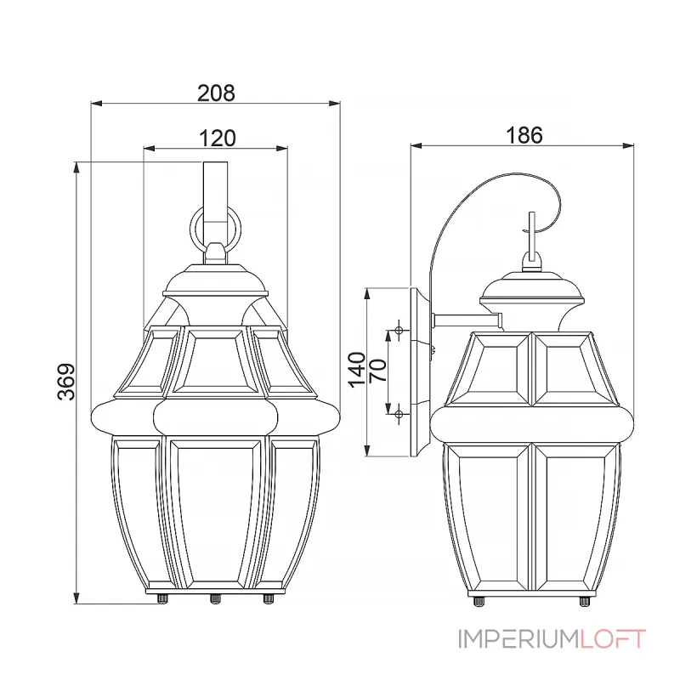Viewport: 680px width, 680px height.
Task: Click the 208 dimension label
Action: (216, 93)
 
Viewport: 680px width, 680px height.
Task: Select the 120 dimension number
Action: (218, 139)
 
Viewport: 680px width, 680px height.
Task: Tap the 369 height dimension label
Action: (66, 382)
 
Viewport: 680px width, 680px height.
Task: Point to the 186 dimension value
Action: (524, 135)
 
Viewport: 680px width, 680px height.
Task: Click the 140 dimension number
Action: (357, 370)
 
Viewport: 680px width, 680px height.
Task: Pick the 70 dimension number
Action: (377, 370)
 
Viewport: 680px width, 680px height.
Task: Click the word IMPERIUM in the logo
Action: (518, 639)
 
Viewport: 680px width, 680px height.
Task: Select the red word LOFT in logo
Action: (613, 639)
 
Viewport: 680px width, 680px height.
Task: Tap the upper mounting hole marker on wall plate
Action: (399, 331)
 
